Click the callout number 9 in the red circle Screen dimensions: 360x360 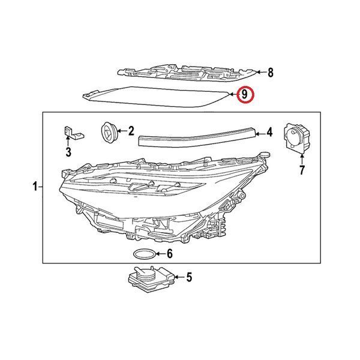[x=245, y=94]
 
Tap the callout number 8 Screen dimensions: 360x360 [x=271, y=73]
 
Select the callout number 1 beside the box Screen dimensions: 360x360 [x=35, y=187]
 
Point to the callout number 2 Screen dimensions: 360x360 [x=131, y=131]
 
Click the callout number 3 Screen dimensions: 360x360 [x=68, y=152]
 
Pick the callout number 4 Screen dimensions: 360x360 [x=269, y=133]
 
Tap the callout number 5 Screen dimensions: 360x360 [x=189, y=277]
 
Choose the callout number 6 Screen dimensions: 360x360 [x=169, y=254]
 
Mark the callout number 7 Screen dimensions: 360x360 [x=302, y=170]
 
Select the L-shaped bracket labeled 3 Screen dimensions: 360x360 [x=73, y=133]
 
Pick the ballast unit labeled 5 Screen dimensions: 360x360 [x=151, y=280]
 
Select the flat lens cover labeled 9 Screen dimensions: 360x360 [x=156, y=97]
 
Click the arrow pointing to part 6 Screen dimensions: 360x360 [x=161, y=254]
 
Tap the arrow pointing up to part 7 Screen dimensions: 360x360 [x=302, y=159]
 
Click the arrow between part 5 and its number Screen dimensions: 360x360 [x=180, y=277]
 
